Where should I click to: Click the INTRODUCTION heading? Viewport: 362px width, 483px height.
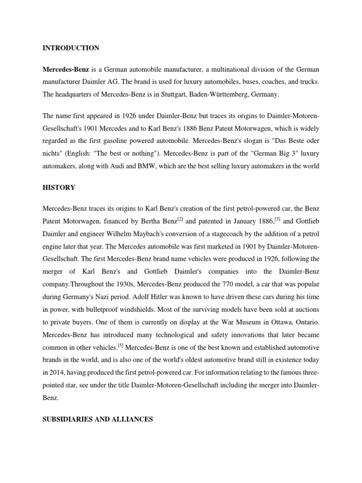(71, 48)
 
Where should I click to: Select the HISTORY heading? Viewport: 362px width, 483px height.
(58, 188)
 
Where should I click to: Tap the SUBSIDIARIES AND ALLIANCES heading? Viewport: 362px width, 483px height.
(98, 419)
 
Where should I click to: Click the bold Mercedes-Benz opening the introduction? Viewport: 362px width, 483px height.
(66, 69)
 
